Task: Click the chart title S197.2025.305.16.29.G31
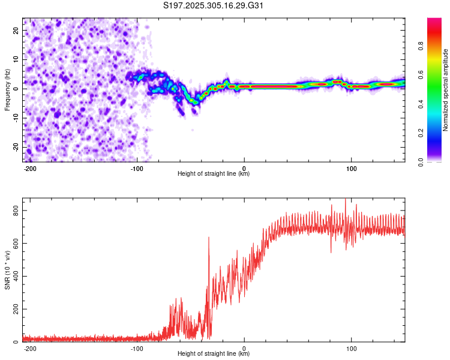[214, 5]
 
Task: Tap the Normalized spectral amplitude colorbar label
[446, 90]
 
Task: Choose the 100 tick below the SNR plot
[351, 349]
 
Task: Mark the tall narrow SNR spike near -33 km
[209, 239]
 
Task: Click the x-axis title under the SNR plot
[214, 354]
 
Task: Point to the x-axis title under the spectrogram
[214, 174]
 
